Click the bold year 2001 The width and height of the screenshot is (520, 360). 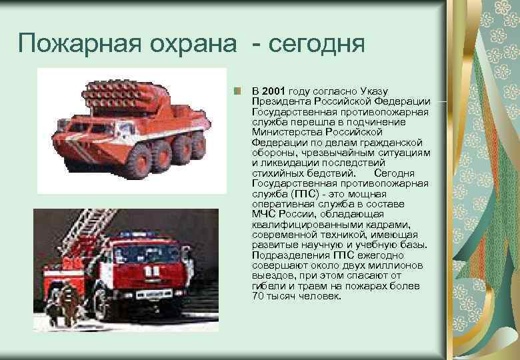tap(275, 91)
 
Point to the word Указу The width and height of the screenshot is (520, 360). tap(376, 91)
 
